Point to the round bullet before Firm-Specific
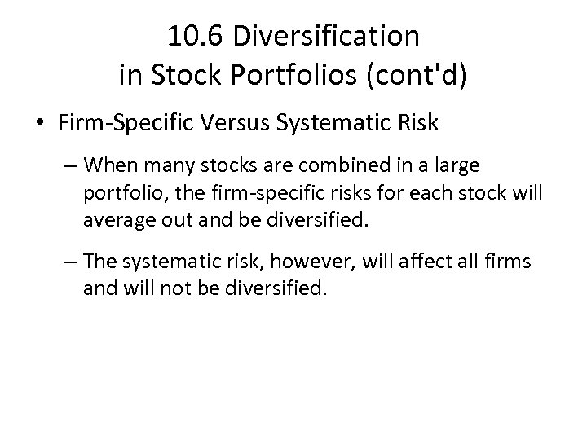click(40, 124)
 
